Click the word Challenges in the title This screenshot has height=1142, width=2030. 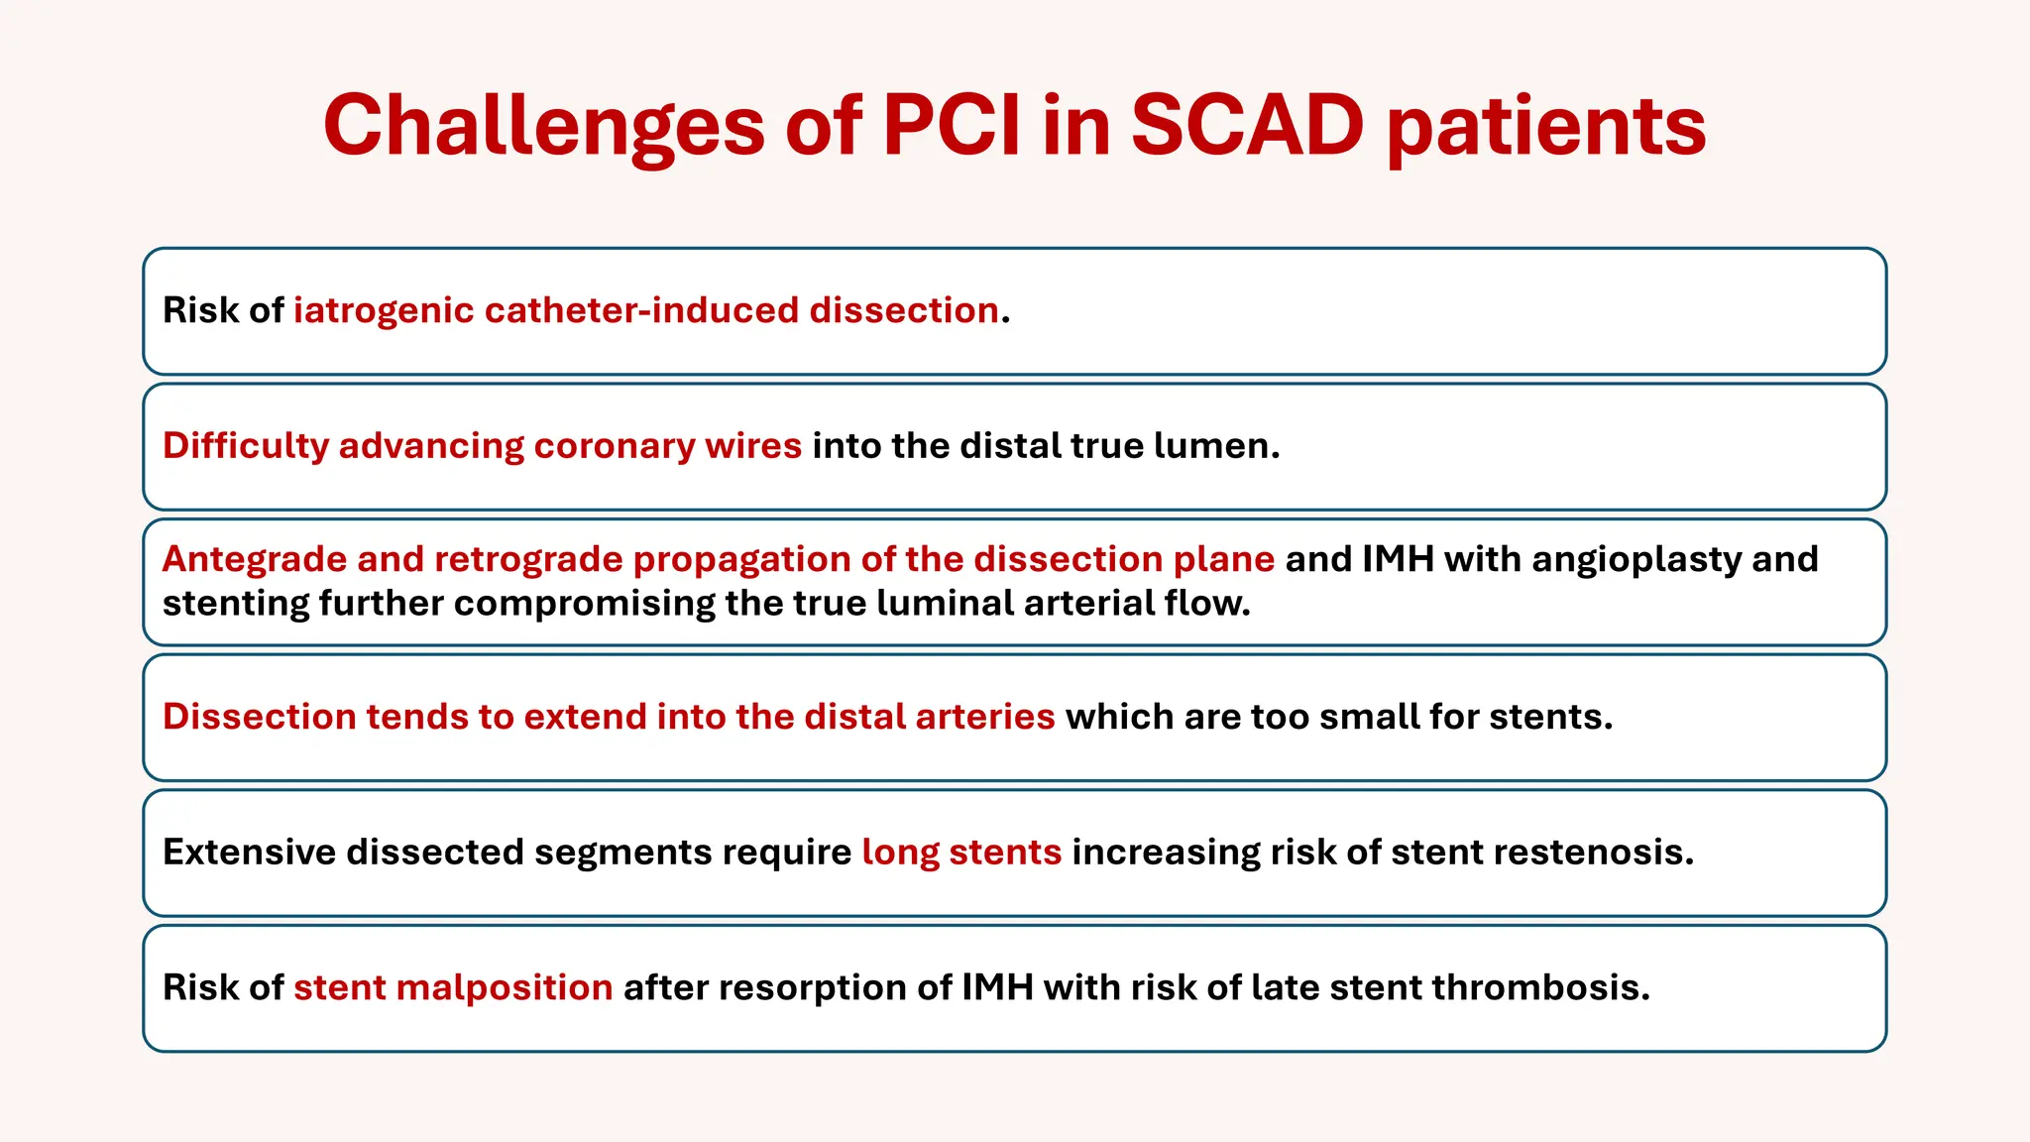[x=544, y=126]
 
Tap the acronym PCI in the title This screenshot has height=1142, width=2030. [x=951, y=126]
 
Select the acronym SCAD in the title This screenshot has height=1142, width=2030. [x=1247, y=126]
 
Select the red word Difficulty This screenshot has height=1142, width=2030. [x=245, y=446]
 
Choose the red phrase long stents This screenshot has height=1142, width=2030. [x=961, y=853]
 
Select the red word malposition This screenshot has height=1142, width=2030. [x=504, y=988]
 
